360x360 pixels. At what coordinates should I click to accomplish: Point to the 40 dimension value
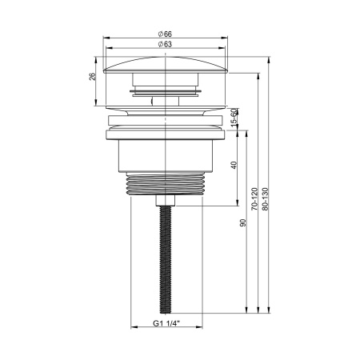coord(234,164)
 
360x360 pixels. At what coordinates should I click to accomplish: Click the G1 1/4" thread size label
coord(167,325)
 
